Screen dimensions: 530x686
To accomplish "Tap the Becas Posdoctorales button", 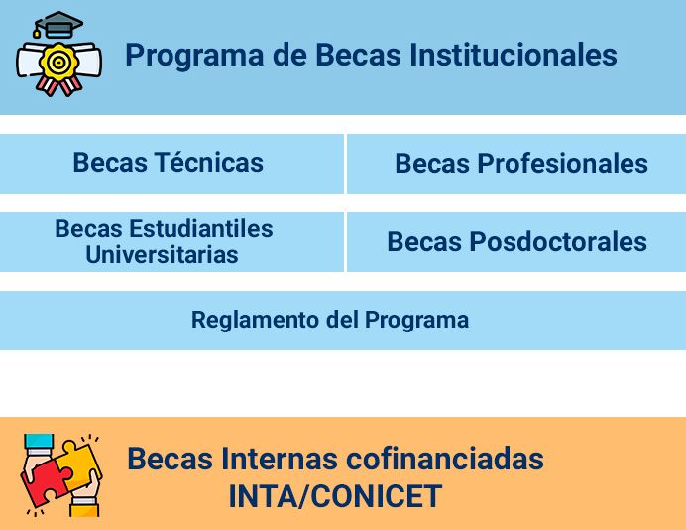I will click(516, 242).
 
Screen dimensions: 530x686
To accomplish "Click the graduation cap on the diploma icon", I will click(57, 25).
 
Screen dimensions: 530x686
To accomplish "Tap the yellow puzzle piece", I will click(78, 463).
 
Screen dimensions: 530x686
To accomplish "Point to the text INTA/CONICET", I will click(335, 495).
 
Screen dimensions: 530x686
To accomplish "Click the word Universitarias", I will click(162, 255).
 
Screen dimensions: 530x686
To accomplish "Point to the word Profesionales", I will click(563, 164).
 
